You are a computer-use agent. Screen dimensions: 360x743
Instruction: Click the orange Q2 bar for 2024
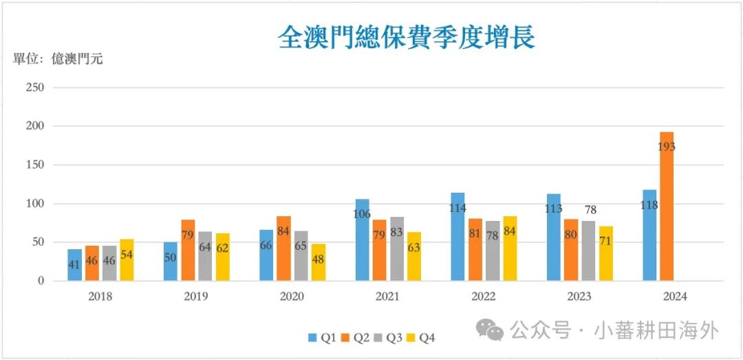pyautogui.click(x=667, y=207)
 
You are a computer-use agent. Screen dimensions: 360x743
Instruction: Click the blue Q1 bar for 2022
pyautogui.click(x=458, y=237)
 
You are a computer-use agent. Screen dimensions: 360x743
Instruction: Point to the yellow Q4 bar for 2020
pyautogui.click(x=318, y=262)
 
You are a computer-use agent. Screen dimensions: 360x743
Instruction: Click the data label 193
pyautogui.click(x=667, y=147)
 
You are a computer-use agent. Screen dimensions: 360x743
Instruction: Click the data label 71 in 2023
pyautogui.click(x=605, y=240)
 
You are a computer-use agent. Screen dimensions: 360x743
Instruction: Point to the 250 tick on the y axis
pyautogui.click(x=34, y=87)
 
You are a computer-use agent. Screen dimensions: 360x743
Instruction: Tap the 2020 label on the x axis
pyautogui.click(x=292, y=297)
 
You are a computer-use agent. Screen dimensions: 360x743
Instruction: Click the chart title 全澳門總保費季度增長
pyautogui.click(x=407, y=37)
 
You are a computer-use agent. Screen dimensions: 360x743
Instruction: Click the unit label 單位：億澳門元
pyautogui.click(x=58, y=59)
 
